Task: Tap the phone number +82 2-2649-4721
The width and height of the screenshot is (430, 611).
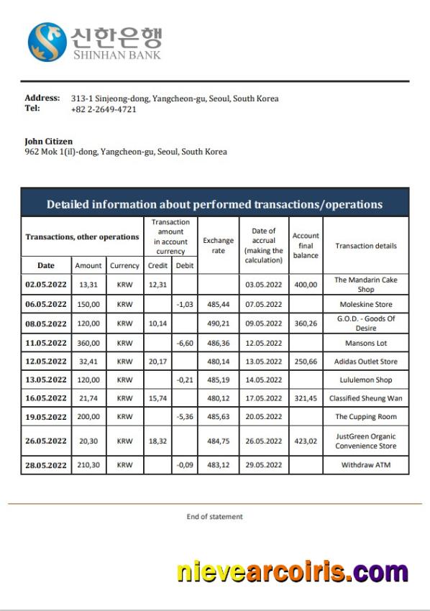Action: [x=104, y=109]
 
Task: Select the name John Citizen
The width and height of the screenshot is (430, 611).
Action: [x=49, y=142]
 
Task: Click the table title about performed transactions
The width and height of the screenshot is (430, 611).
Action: [x=214, y=204]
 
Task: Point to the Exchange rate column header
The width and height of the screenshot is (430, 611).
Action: [x=218, y=245]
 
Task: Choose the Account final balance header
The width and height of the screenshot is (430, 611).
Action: [x=306, y=245]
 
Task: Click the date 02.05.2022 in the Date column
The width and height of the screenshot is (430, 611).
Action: [x=46, y=285]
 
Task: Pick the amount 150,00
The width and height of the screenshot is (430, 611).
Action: [x=88, y=304]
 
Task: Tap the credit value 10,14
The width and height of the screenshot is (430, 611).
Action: [x=157, y=323]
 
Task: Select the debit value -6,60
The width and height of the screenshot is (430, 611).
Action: [x=185, y=343]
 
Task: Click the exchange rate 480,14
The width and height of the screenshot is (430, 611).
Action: [x=218, y=362]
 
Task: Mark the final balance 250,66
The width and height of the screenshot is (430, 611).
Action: [x=306, y=362]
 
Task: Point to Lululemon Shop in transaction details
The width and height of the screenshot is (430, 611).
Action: [x=365, y=379]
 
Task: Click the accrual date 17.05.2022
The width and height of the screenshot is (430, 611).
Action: [x=264, y=398]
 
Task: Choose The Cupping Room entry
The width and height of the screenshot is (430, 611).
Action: [x=365, y=417]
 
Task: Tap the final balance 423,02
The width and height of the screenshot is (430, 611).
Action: [x=306, y=441]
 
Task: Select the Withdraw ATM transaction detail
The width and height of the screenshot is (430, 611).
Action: [x=365, y=465]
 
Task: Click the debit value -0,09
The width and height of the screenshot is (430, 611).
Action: [x=185, y=465]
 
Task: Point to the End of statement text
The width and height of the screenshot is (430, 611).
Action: [x=214, y=516]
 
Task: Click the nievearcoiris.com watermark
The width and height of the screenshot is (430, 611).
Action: [x=292, y=572]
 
